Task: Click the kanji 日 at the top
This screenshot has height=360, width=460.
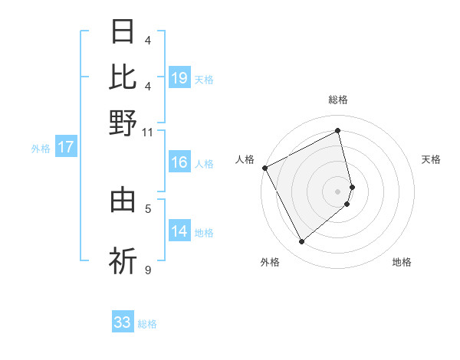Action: click(x=123, y=32)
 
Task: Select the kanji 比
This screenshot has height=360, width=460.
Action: click(x=123, y=77)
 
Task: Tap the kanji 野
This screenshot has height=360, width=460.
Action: click(x=123, y=122)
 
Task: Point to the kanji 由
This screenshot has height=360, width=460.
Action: click(x=123, y=200)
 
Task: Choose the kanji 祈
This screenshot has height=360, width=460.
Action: click(x=123, y=260)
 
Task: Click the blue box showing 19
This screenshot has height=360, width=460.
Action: click(x=179, y=77)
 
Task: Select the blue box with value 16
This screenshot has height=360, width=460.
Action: click(x=179, y=162)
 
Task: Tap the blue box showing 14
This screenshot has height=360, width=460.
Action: click(x=179, y=231)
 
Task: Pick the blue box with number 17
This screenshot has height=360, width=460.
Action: click(x=66, y=148)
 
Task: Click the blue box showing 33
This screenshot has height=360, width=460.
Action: click(x=123, y=322)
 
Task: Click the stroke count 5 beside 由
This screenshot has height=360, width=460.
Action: click(x=147, y=208)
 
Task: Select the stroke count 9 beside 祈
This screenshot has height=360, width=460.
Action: click(x=147, y=270)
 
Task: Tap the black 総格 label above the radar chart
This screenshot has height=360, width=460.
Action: click(x=338, y=100)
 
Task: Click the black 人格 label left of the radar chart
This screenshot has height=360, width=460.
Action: click(x=245, y=159)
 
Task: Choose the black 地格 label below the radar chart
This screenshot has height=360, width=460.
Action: click(x=402, y=262)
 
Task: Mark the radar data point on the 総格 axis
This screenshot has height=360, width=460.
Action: click(x=338, y=131)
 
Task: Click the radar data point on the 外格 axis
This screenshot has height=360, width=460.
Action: click(x=301, y=242)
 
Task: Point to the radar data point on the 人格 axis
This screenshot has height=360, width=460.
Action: click(x=264, y=168)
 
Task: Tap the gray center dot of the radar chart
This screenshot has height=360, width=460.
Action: click(x=338, y=191)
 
